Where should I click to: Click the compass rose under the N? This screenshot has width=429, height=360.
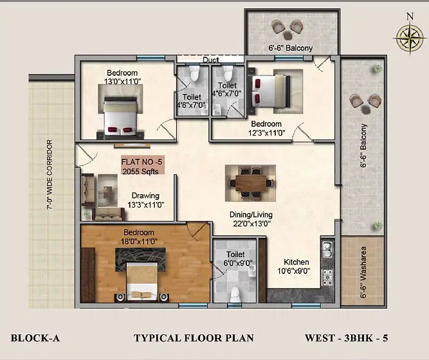pyautogui.click(x=410, y=38)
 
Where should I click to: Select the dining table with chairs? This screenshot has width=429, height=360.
pyautogui.click(x=251, y=183)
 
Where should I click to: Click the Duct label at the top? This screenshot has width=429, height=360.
pyautogui.click(x=211, y=60)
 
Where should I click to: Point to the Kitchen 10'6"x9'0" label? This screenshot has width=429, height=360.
pyautogui.click(x=296, y=266)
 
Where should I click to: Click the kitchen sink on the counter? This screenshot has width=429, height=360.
pyautogui.click(x=327, y=250)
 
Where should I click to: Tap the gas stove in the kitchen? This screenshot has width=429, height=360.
pyautogui.click(x=327, y=277)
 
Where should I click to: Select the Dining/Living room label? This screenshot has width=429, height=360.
pyautogui.click(x=251, y=219)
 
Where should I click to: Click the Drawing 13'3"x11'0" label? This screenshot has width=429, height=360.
pyautogui.click(x=145, y=200)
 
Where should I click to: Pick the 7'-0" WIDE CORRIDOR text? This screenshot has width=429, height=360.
pyautogui.click(x=50, y=175)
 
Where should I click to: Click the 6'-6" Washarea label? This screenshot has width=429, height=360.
pyautogui.click(x=363, y=272)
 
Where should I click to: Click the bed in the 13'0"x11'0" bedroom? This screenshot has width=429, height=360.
pyautogui.click(x=120, y=118)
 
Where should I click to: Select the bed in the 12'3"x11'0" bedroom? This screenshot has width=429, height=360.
pyautogui.click(x=269, y=91)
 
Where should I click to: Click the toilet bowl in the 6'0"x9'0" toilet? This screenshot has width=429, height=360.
pyautogui.click(x=235, y=295)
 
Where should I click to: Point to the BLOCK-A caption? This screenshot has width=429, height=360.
pyautogui.click(x=35, y=338)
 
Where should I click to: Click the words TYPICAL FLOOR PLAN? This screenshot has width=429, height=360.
pyautogui.click(x=194, y=338)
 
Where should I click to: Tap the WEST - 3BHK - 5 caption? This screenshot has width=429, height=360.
pyautogui.click(x=347, y=338)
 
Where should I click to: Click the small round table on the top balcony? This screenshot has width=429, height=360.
pyautogui.click(x=288, y=35)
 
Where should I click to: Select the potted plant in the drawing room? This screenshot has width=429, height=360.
pyautogui.click(x=87, y=214)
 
